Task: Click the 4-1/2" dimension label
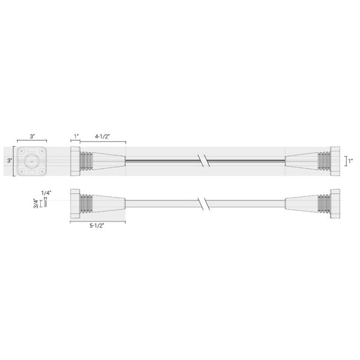pos(102,136)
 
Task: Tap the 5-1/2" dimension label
pos(97,226)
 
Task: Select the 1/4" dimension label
pos(46,193)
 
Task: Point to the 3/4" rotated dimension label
pos(36,203)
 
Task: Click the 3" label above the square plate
pos(32,136)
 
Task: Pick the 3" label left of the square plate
pos(10,160)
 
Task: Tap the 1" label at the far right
pos(351,161)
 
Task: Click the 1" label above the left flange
pos(77,136)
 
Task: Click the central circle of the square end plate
pos(32,161)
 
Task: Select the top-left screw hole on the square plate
pos(22,151)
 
